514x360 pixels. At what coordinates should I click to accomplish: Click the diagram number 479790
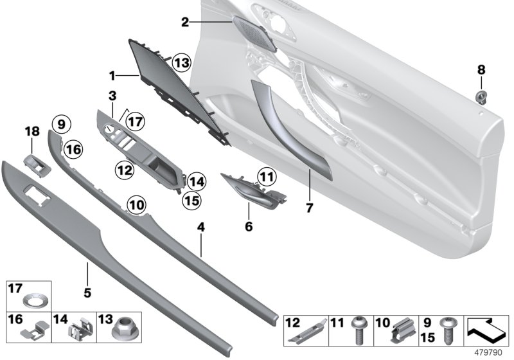(491, 353)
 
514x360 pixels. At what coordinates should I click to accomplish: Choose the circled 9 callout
(60, 123)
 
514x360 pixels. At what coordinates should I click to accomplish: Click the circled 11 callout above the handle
(267, 174)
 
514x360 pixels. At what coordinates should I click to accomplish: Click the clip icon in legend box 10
(400, 332)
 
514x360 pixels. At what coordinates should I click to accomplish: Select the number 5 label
(87, 292)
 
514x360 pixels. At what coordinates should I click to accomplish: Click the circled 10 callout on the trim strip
(135, 204)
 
